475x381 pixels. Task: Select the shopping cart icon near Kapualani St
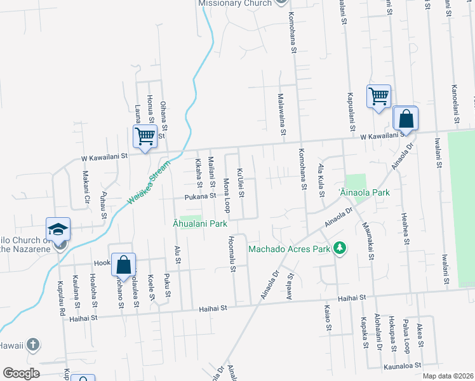[378, 97]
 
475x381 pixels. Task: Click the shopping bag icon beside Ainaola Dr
[405, 119]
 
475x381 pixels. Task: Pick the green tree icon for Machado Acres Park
[340, 248]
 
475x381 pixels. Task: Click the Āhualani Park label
[200, 224]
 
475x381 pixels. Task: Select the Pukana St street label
[201, 196]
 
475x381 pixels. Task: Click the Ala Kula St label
[320, 180]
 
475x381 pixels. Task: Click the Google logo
[22, 373]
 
